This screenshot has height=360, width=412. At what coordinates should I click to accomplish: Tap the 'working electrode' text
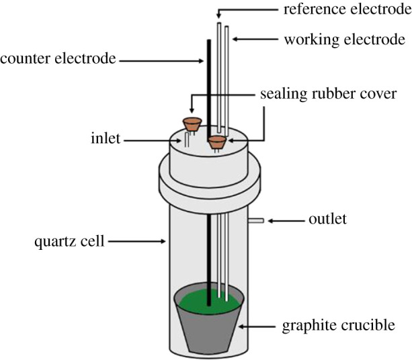pos(345,40)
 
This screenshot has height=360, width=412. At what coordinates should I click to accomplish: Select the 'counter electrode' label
pos(58,59)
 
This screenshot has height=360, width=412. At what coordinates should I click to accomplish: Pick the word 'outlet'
pos(328,220)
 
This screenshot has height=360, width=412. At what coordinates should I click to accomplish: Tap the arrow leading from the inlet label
pos(152,140)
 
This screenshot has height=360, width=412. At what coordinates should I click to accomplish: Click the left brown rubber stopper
pos(192,124)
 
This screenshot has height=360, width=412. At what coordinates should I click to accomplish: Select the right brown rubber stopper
pos(216,141)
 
